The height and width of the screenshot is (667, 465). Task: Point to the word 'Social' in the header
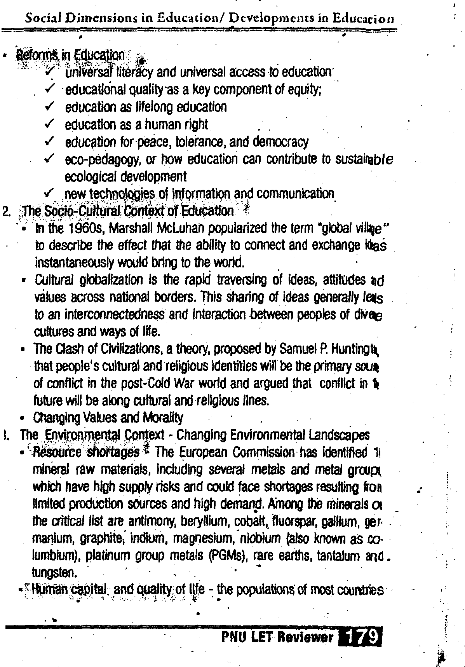coord(40,18)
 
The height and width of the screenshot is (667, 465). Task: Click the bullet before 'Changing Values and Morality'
coord(24,419)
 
